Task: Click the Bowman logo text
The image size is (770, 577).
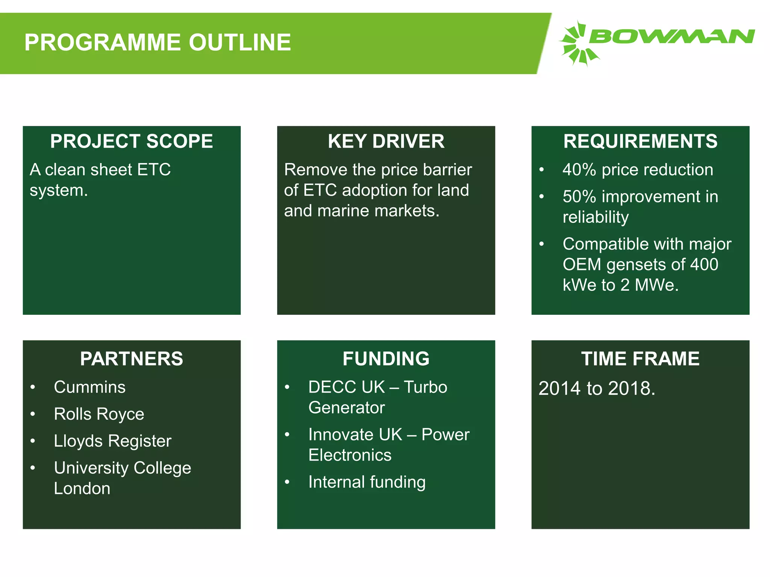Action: coord(671,37)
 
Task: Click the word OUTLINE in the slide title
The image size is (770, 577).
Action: coord(240,42)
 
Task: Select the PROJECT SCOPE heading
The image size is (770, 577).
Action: coord(132,141)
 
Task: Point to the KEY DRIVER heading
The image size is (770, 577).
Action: coord(386,141)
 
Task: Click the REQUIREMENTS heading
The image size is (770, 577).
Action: coord(640,141)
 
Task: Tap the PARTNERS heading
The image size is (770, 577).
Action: coord(132,359)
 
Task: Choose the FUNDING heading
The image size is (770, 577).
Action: coord(386,359)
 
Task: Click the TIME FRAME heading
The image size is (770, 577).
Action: coord(640,359)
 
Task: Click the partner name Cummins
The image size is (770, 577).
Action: coord(89,387)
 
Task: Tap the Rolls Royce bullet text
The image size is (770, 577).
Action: coord(99,414)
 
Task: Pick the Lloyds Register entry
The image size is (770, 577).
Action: coord(112,441)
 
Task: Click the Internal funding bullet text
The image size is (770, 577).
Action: coord(367,482)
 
